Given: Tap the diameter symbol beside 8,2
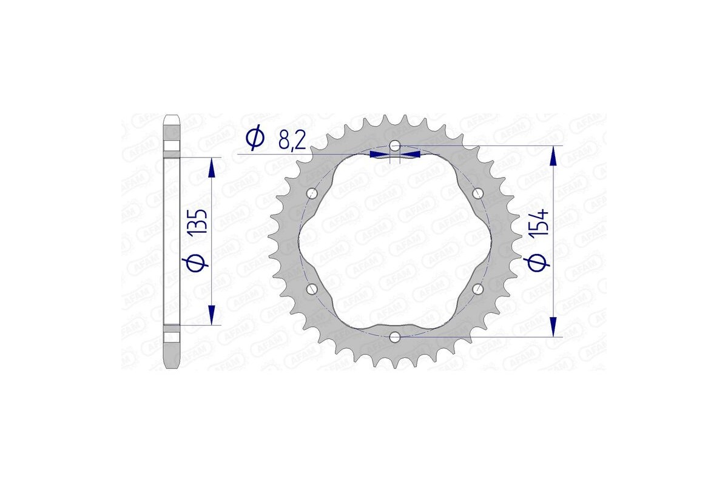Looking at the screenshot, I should [x=255, y=139].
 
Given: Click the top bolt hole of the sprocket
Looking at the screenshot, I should [x=395, y=146].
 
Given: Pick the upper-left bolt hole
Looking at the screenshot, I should [x=312, y=193].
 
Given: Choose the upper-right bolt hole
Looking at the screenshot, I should [x=477, y=193].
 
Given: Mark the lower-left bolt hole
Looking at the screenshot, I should [x=312, y=289].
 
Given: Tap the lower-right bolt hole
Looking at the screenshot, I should [x=477, y=289].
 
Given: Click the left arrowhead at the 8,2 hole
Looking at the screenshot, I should [x=379, y=155].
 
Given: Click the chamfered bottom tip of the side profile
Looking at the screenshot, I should [x=172, y=366].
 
